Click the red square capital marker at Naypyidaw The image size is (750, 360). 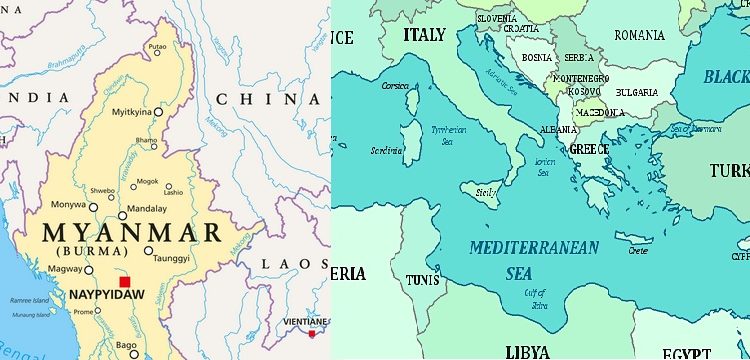point(124,282)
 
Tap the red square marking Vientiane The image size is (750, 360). point(313,333)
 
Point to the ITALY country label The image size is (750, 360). point(423,35)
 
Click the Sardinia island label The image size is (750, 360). point(386,151)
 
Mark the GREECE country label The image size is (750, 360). point(589,149)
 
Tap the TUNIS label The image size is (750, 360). point(422,279)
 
